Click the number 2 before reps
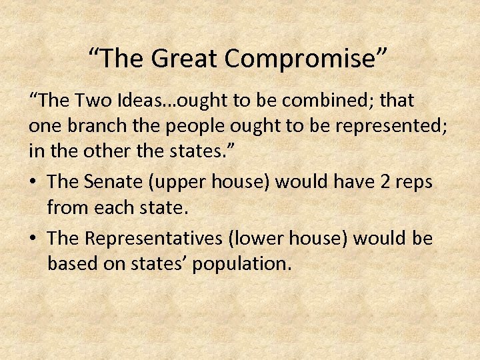click(390, 182)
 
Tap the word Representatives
click(151, 238)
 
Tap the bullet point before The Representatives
click(33, 237)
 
